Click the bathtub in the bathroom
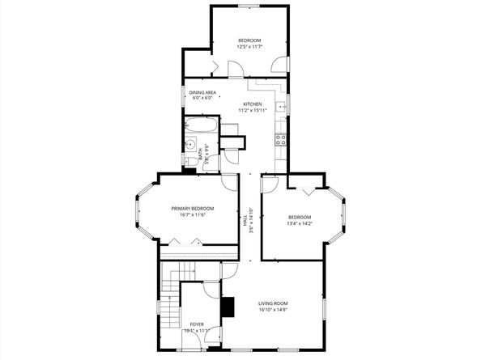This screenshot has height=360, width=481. [x=201, y=126]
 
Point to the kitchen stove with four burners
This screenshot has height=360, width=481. [x=281, y=139]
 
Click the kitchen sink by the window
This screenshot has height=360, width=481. [x=283, y=106]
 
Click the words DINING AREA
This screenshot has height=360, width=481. [x=202, y=93]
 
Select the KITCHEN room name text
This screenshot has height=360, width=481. [x=253, y=104]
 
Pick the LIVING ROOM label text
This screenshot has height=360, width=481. [x=273, y=303]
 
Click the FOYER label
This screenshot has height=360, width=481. [x=198, y=324]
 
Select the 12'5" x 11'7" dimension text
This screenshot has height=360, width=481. [x=249, y=47]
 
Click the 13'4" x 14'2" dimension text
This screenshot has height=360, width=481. [x=300, y=223]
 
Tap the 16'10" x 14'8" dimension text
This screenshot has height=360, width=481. [x=273, y=310]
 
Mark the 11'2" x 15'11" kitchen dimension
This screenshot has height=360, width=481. [x=253, y=110]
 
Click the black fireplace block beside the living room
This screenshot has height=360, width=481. [x=228, y=307]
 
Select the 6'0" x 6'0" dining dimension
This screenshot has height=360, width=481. [x=202, y=99]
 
